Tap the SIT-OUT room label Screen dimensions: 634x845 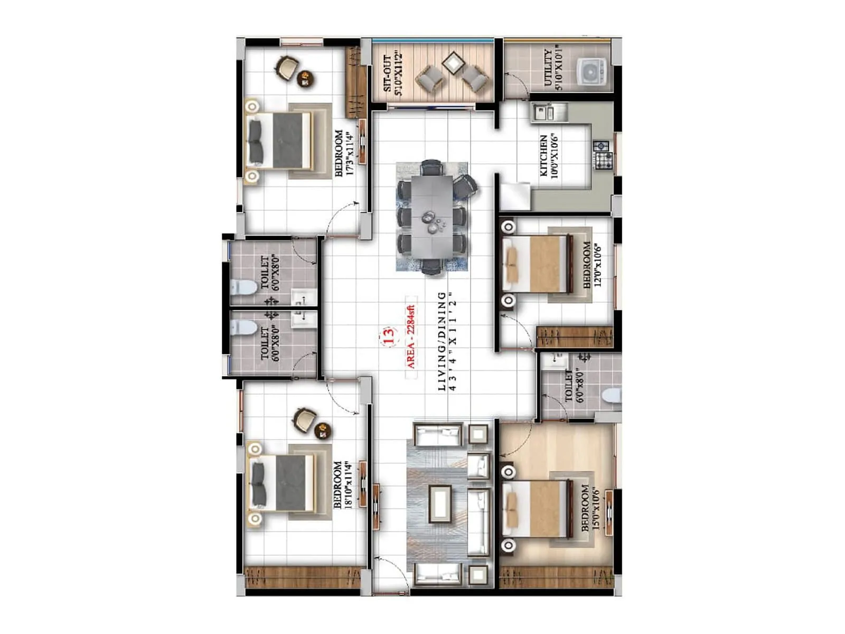pyautogui.click(x=393, y=73)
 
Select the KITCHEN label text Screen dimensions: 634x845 pyautogui.click(x=549, y=156)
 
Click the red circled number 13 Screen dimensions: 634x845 pyautogui.click(x=388, y=336)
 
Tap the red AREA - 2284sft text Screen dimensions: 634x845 pyautogui.click(x=411, y=337)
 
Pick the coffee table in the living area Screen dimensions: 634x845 pyautogui.click(x=440, y=504)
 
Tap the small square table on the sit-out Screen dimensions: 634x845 pyautogui.click(x=453, y=63)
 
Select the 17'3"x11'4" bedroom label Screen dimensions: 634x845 pyautogui.click(x=343, y=153)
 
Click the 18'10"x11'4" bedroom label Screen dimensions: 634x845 pyautogui.click(x=342, y=484)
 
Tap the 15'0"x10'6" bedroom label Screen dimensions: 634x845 pyautogui.click(x=590, y=508)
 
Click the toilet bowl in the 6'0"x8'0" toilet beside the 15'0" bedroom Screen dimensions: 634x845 pyautogui.click(x=612, y=395)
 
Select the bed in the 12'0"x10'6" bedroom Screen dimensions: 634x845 pyautogui.click(x=536, y=264)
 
